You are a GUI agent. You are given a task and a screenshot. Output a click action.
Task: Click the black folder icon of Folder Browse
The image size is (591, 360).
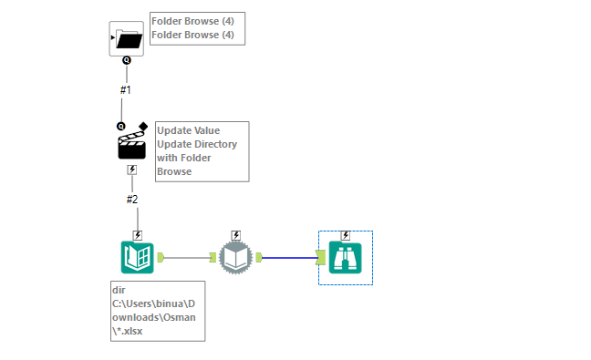tap(126, 38)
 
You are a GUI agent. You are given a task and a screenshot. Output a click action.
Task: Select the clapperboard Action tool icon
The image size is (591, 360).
tap(132, 145)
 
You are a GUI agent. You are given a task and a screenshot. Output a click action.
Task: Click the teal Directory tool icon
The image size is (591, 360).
tap(138, 257)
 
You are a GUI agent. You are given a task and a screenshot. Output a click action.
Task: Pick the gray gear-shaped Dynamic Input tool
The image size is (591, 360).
tap(235, 258)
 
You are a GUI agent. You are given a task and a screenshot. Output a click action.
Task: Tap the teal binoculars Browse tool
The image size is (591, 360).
tap(346, 258)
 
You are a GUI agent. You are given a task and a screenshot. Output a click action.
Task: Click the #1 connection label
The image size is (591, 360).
tap(127, 90)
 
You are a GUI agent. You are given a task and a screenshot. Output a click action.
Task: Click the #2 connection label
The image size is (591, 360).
tap(132, 200)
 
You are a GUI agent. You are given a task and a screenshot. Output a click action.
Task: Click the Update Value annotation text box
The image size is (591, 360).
tap(201, 150)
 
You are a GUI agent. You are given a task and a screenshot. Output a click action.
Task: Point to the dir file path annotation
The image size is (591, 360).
tap(156, 311)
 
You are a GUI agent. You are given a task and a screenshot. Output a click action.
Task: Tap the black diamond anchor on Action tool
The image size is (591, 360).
tap(143, 125)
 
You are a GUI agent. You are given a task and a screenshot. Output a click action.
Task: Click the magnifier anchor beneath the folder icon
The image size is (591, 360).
tap(126, 61)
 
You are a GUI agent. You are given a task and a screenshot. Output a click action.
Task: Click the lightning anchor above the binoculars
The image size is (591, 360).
tap(346, 235)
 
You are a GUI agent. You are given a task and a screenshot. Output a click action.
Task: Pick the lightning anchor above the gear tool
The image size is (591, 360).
tap(236, 235)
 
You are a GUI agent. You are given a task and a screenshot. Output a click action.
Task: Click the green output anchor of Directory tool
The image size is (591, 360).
tap(161, 257)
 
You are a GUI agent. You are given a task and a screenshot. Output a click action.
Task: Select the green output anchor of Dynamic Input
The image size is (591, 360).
tap(259, 257)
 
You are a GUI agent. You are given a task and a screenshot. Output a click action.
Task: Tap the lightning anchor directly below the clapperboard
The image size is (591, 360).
tap(132, 170)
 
